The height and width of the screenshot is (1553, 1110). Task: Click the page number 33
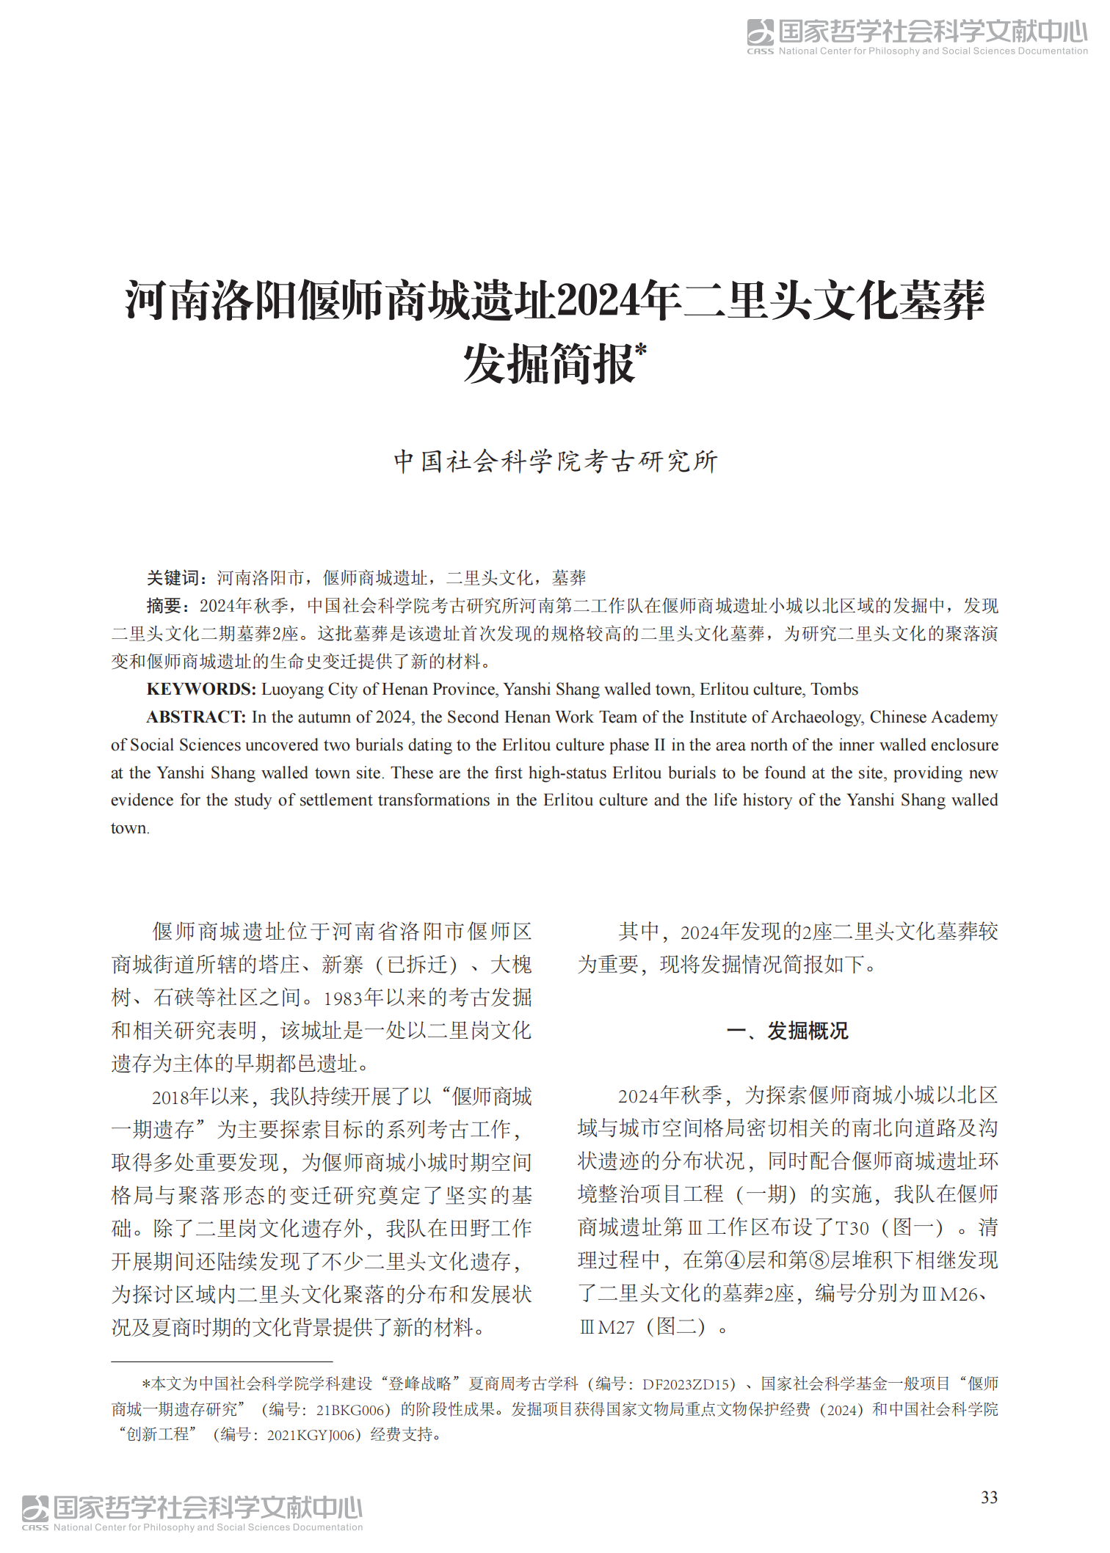pyautogui.click(x=989, y=1497)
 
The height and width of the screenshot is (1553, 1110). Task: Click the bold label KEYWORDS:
pyautogui.click(x=200, y=690)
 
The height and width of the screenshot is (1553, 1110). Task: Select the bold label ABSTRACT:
pyautogui.click(x=196, y=717)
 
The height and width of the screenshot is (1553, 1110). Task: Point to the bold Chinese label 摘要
pyautogui.click(x=164, y=606)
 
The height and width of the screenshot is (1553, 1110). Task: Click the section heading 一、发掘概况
pyautogui.click(x=787, y=1031)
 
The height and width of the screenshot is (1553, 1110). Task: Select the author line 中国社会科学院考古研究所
pyautogui.click(x=556, y=461)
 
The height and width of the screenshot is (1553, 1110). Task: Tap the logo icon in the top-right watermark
pyautogui.click(x=761, y=33)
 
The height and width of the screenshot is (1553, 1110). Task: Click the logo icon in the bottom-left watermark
pyautogui.click(x=35, y=1509)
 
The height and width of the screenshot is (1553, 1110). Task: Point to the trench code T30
pyautogui.click(x=852, y=1229)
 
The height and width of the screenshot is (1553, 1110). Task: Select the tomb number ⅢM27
pyautogui.click(x=607, y=1328)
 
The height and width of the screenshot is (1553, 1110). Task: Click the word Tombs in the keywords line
pyautogui.click(x=834, y=690)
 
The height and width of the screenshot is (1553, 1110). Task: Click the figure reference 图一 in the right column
pyautogui.click(x=913, y=1228)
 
